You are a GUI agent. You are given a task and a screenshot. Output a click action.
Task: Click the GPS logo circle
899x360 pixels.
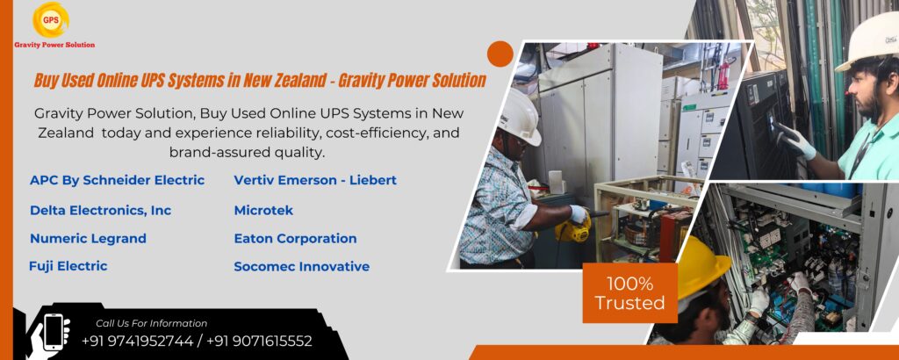[50, 19]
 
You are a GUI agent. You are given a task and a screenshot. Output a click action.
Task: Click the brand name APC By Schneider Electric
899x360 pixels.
[117, 180]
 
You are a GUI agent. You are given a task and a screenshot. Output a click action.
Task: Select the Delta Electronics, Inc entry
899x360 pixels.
[100, 210]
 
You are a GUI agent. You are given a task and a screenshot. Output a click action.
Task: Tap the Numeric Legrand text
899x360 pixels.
[88, 238]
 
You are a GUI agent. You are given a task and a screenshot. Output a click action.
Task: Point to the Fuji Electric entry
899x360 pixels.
[68, 265]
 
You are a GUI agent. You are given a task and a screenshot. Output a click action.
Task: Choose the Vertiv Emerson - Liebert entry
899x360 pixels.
[315, 180]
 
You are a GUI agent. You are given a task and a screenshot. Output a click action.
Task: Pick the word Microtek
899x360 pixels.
[263, 210]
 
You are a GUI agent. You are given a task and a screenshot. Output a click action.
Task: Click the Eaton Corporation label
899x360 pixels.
[295, 238]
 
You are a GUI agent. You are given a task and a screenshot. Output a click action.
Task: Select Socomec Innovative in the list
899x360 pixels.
[301, 266]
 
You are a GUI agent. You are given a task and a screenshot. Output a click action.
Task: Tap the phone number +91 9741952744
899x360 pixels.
[137, 341]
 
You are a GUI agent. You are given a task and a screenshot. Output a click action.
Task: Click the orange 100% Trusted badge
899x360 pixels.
[629, 293]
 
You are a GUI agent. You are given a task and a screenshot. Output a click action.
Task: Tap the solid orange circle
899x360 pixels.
[500, 54]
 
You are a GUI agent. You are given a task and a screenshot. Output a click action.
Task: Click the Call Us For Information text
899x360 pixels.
[151, 323]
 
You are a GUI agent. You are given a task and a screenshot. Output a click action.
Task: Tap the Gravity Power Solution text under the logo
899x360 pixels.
[54, 44]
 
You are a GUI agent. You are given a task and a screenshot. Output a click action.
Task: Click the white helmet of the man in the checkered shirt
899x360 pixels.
[520, 117]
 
